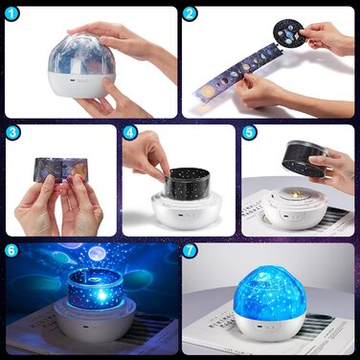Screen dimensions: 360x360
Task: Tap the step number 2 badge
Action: point(191,14)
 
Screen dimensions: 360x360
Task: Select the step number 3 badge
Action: point(13,132)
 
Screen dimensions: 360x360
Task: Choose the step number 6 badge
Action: point(13,251)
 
